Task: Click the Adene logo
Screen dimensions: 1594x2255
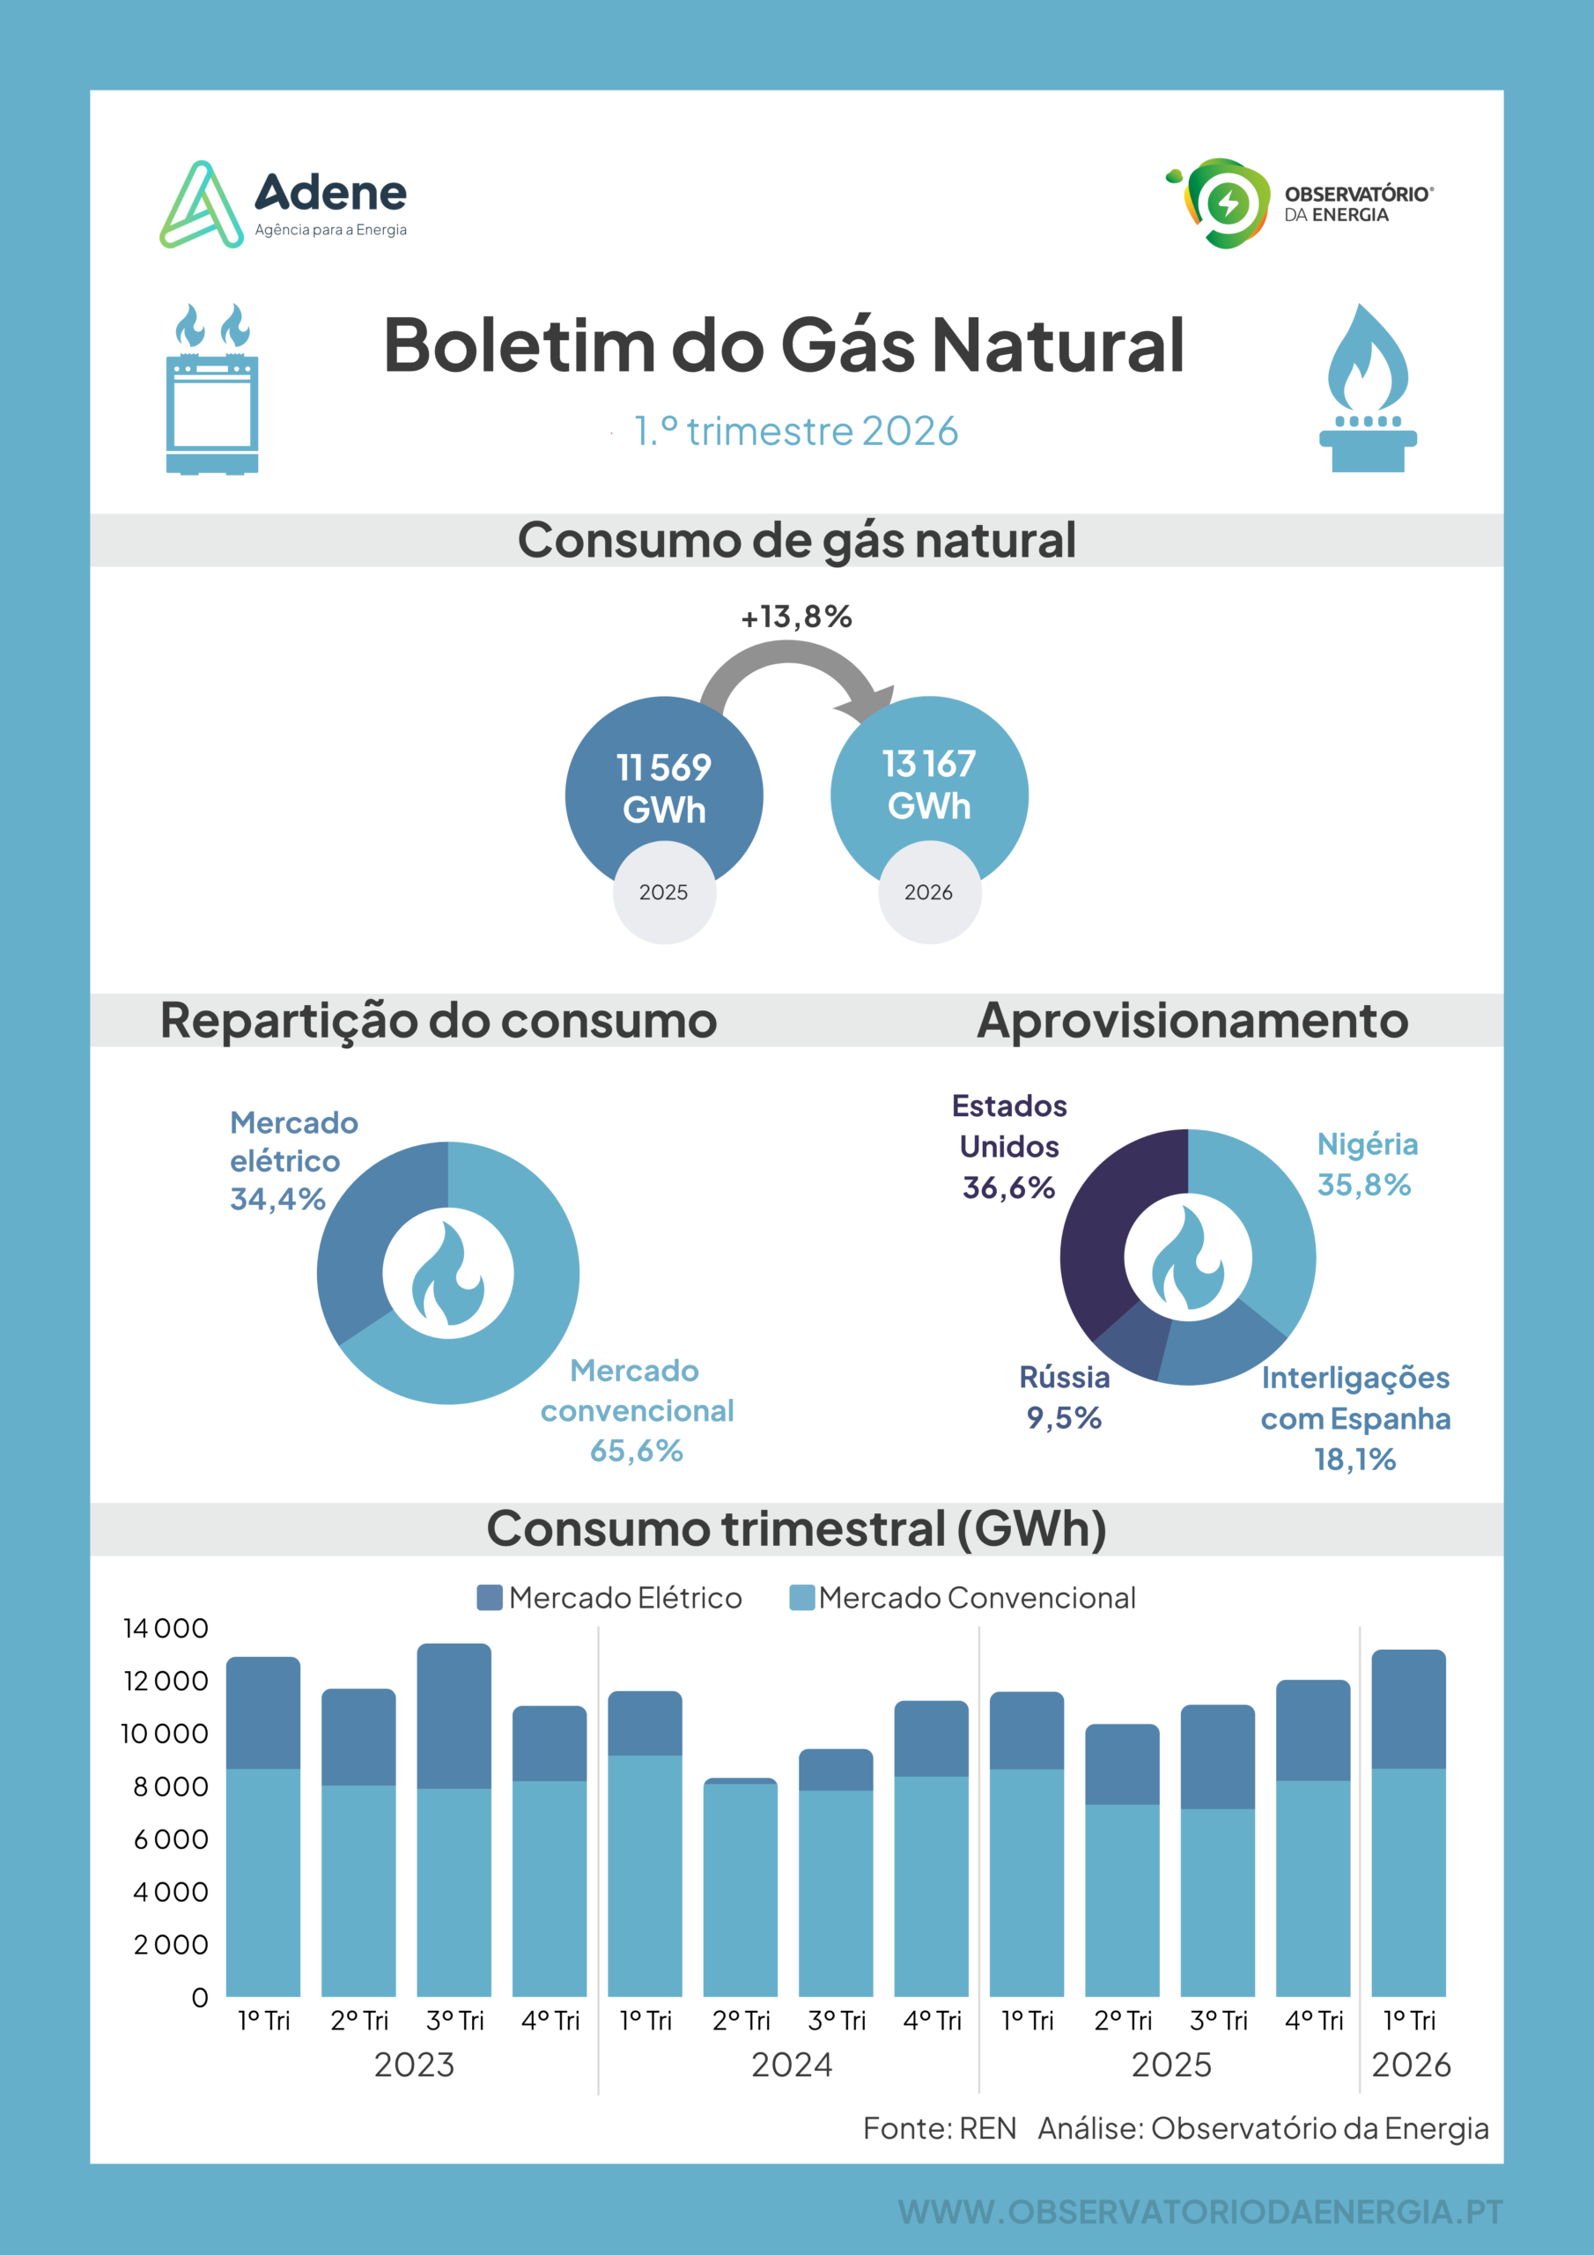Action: click(283, 204)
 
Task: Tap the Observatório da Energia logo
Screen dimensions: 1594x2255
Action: click(1298, 203)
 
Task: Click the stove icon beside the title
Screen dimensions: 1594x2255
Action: click(212, 389)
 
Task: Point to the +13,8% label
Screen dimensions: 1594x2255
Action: click(796, 617)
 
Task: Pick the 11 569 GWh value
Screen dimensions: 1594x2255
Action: click(664, 787)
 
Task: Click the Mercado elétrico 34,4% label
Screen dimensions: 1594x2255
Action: click(293, 1161)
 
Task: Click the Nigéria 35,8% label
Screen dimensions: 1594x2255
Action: click(1367, 1164)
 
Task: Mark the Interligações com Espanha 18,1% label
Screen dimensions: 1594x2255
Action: click(1355, 1418)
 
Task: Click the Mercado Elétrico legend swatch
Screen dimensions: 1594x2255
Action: click(489, 1598)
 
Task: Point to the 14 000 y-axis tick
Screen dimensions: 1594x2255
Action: click(165, 1629)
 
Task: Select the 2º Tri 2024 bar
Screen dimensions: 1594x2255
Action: click(741, 1887)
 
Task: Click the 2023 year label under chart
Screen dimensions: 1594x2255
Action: click(415, 2066)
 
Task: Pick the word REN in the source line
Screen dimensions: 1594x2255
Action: click(987, 2129)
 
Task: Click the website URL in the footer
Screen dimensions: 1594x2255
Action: click(1200, 2212)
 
